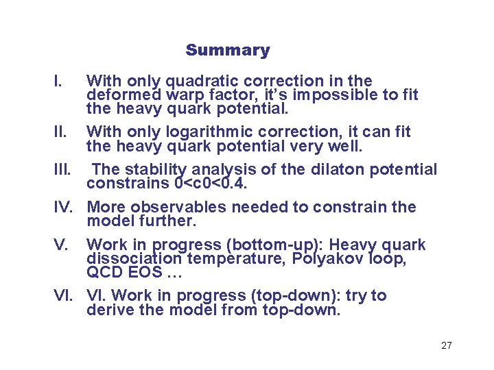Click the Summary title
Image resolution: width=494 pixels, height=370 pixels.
click(228, 50)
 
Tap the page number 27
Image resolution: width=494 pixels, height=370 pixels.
click(446, 346)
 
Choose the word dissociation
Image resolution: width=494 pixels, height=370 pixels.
click(133, 258)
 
